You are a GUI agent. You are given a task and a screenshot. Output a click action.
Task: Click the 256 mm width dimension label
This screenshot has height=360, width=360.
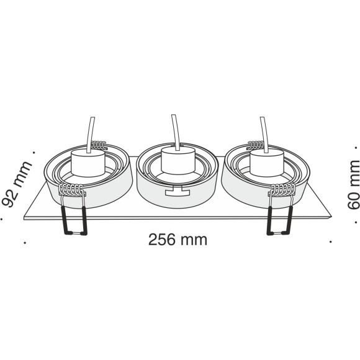[178, 240]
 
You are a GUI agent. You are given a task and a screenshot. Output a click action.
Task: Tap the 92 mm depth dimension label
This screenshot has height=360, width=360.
[17, 184]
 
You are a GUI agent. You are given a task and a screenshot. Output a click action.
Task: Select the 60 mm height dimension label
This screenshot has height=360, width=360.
[353, 184]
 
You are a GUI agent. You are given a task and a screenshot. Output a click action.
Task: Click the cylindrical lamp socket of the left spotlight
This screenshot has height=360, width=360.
[88, 163]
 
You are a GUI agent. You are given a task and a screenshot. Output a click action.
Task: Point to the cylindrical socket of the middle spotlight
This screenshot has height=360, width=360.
[178, 160]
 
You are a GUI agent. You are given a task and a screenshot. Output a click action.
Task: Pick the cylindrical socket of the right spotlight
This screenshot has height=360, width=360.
[267, 163]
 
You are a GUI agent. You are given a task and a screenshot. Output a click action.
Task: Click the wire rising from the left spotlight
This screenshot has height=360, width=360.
[91, 135]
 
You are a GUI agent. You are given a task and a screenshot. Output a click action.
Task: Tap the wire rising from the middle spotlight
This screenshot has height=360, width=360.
[176, 132]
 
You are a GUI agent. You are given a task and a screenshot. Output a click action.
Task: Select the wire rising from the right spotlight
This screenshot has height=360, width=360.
[264, 135]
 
